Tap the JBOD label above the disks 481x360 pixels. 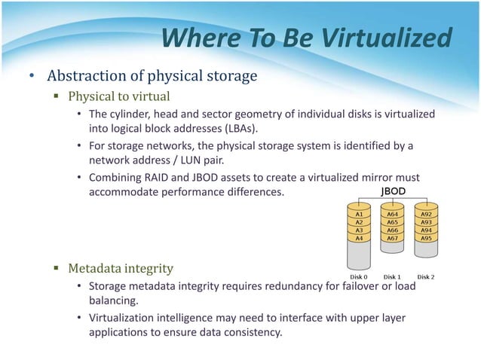tap(393, 191)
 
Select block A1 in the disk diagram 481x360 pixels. tap(359, 214)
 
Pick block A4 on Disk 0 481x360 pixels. tap(359, 237)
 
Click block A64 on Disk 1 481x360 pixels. tap(393, 214)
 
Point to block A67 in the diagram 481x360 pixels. tap(393, 237)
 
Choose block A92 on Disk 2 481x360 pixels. tap(427, 214)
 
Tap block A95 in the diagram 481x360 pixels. tap(427, 237)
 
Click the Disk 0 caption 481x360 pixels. tap(359, 275)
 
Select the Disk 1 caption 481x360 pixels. tap(393, 275)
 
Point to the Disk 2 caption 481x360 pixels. tap(427, 275)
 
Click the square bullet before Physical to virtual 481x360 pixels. tap(57, 96)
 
